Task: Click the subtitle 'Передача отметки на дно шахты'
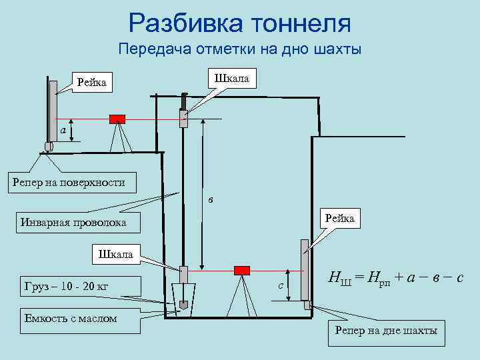point(239,49)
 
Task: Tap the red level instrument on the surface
point(117,119)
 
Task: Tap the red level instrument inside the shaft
point(241,270)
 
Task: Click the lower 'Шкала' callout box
point(115,254)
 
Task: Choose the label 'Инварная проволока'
point(73,222)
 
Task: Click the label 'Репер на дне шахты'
point(385,331)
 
